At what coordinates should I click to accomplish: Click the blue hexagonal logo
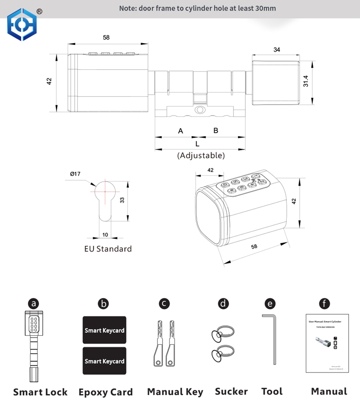click(x=22, y=25)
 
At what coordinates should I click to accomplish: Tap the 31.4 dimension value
click(x=306, y=81)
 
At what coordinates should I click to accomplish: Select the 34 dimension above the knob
click(x=277, y=50)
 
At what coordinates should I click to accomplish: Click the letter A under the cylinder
click(x=180, y=131)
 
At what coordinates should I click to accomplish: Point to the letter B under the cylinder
click(x=216, y=130)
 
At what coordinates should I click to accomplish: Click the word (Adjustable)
click(x=201, y=156)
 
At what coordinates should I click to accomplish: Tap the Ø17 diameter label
click(x=75, y=174)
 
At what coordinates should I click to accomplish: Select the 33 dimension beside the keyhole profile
click(x=122, y=200)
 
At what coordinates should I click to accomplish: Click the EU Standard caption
click(x=108, y=249)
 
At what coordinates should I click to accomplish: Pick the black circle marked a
click(x=34, y=303)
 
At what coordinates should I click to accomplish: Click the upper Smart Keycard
click(x=104, y=330)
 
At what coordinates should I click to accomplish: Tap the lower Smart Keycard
click(x=104, y=361)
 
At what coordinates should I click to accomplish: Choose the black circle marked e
click(x=270, y=304)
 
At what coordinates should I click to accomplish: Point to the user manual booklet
click(x=328, y=343)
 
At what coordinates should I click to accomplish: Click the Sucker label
click(x=231, y=391)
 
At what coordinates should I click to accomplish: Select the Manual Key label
click(x=175, y=392)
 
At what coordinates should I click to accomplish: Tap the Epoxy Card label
click(x=106, y=392)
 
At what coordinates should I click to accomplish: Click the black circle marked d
click(x=223, y=303)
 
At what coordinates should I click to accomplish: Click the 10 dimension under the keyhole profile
click(x=105, y=235)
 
